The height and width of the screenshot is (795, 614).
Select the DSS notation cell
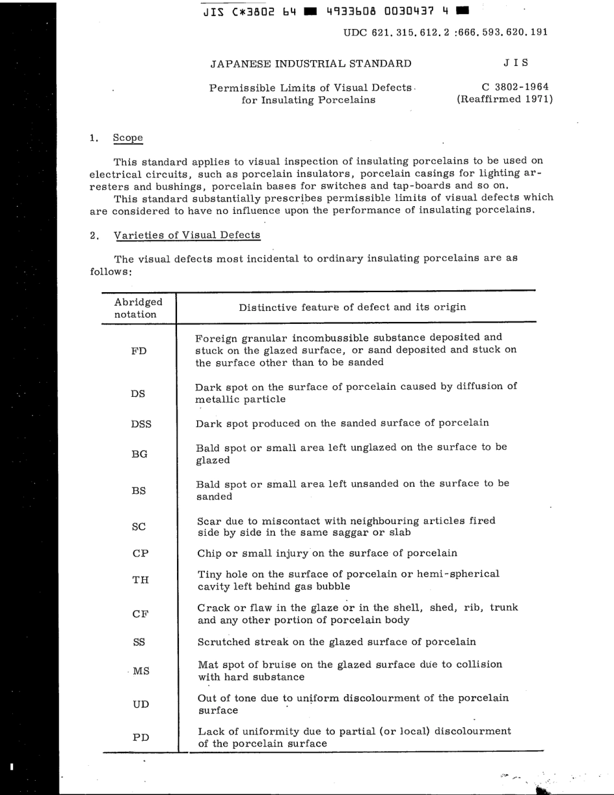pyautogui.click(x=141, y=423)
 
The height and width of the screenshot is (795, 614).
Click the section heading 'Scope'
pyautogui.click(x=127, y=138)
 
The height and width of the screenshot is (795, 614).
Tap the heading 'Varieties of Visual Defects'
pyautogui.click(x=186, y=235)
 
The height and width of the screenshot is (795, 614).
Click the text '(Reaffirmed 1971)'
pyautogui.click(x=504, y=100)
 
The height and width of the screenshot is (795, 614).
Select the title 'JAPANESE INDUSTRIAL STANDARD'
pyautogui.click(x=310, y=63)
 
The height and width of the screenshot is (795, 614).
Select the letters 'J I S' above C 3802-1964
pyautogui.click(x=515, y=63)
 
